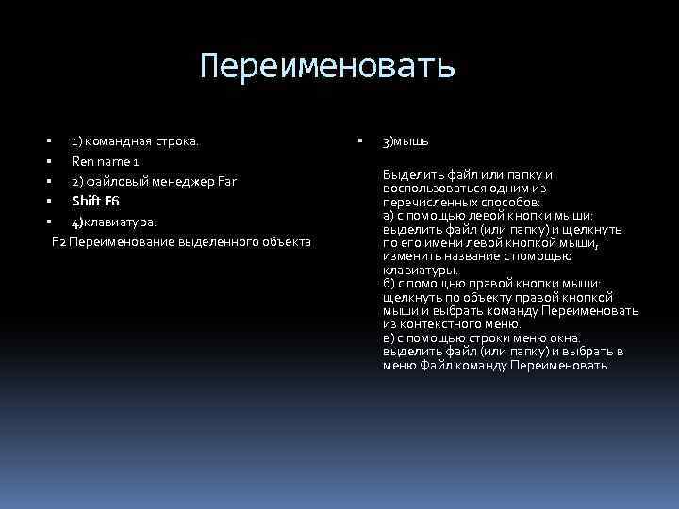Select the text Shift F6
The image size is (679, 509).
point(95,201)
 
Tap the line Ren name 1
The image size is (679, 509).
point(106,161)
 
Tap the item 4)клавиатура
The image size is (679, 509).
point(114,222)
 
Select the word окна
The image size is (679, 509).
point(563,337)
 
